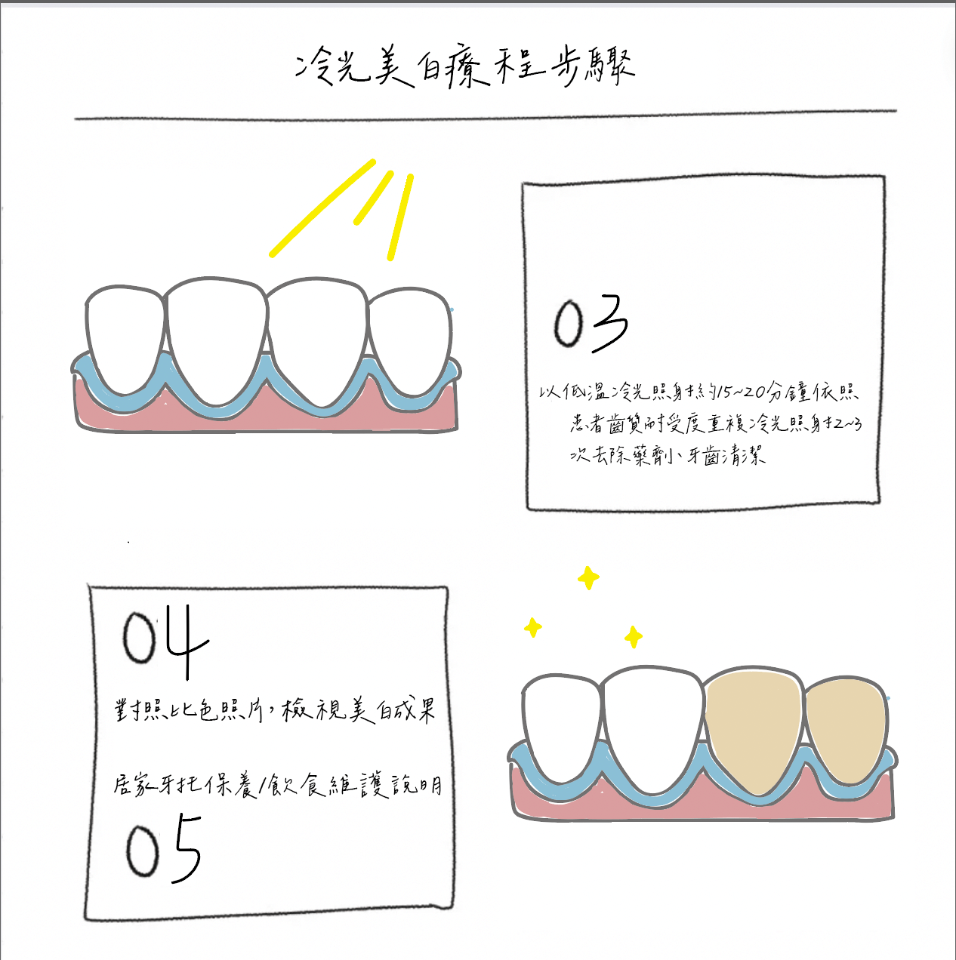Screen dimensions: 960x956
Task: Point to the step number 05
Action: (x=163, y=850)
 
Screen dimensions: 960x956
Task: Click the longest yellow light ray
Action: (x=322, y=208)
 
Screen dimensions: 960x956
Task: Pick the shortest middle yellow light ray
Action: (x=374, y=198)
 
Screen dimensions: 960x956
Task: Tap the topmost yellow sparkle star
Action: (x=588, y=579)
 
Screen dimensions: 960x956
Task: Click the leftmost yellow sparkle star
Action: (x=533, y=627)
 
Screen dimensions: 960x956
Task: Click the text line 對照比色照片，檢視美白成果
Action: (x=275, y=710)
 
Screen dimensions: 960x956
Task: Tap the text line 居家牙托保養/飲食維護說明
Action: (x=277, y=785)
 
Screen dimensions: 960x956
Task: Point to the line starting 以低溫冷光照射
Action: (x=698, y=392)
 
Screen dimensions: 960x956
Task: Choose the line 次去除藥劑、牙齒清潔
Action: (x=668, y=456)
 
